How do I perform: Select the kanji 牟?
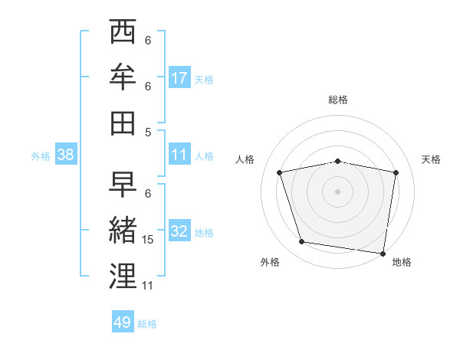click(x=123, y=77)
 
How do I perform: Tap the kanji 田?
click(x=123, y=123)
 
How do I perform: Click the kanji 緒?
click(x=123, y=231)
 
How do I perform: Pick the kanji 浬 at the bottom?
click(x=123, y=276)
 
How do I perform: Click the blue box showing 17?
click(x=179, y=78)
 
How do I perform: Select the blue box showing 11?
click(x=179, y=155)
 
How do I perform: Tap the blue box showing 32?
click(x=179, y=231)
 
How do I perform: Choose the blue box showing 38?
click(x=66, y=155)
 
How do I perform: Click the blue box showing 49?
click(x=123, y=322)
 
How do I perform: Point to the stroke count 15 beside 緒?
click(x=148, y=241)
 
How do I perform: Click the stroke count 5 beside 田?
click(x=148, y=132)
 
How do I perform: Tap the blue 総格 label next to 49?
click(x=148, y=324)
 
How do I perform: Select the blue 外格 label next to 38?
click(x=41, y=156)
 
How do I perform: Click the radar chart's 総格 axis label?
click(x=338, y=100)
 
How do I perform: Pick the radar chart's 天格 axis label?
click(x=432, y=159)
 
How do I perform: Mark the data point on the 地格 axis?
click(x=383, y=253)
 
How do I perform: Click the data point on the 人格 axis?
click(x=280, y=172)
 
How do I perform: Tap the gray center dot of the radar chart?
click(x=338, y=191)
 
